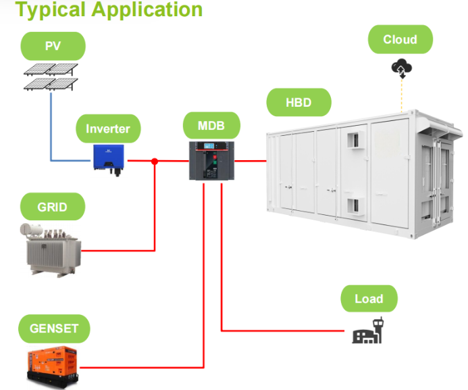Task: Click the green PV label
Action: (53, 47)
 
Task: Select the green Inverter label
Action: (108, 128)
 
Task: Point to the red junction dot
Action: (155, 161)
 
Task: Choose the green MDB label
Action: (211, 126)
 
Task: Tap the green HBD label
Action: (298, 103)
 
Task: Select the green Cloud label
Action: (400, 39)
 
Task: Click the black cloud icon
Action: (401, 67)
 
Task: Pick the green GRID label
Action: (53, 206)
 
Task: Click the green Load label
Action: (369, 299)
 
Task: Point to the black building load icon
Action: (368, 331)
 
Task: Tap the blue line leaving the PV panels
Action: (51, 128)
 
